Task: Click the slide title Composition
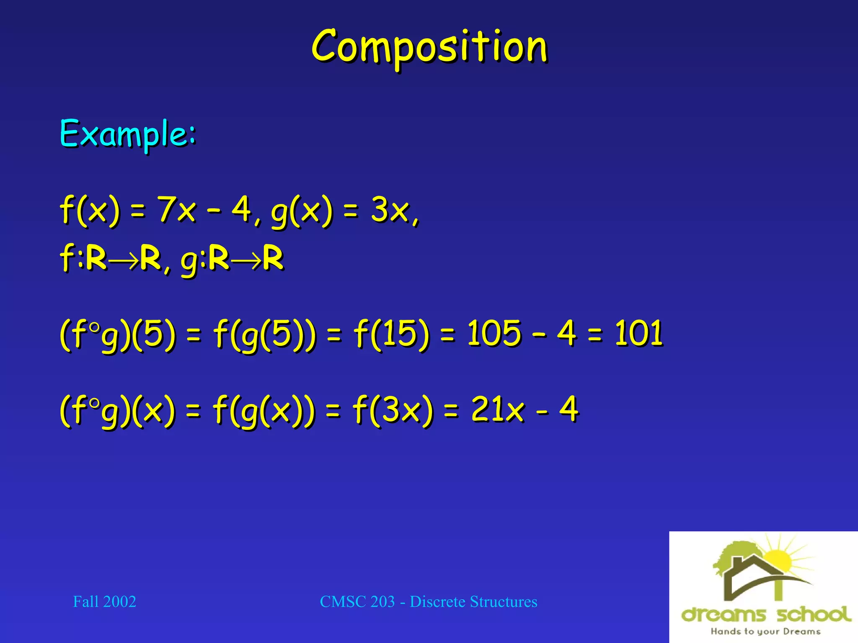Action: point(429,47)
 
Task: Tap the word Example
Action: point(128,134)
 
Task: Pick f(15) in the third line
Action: point(392,334)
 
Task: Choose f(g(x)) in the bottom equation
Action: point(264,410)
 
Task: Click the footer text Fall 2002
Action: point(104,602)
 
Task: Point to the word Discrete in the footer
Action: point(437,602)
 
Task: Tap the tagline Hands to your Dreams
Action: point(765,631)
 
